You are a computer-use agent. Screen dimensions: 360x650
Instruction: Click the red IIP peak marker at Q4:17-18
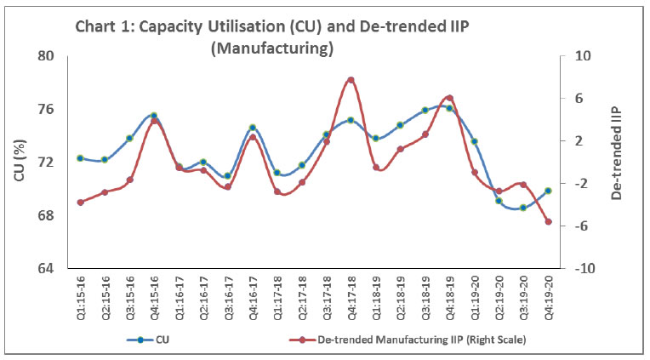(351, 80)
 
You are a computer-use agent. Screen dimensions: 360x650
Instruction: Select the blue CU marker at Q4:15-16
(154, 116)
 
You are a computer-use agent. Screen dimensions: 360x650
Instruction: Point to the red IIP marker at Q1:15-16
(80, 203)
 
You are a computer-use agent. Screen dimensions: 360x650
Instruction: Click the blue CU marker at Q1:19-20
(474, 141)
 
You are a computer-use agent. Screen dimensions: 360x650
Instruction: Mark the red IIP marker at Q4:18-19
(449, 98)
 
